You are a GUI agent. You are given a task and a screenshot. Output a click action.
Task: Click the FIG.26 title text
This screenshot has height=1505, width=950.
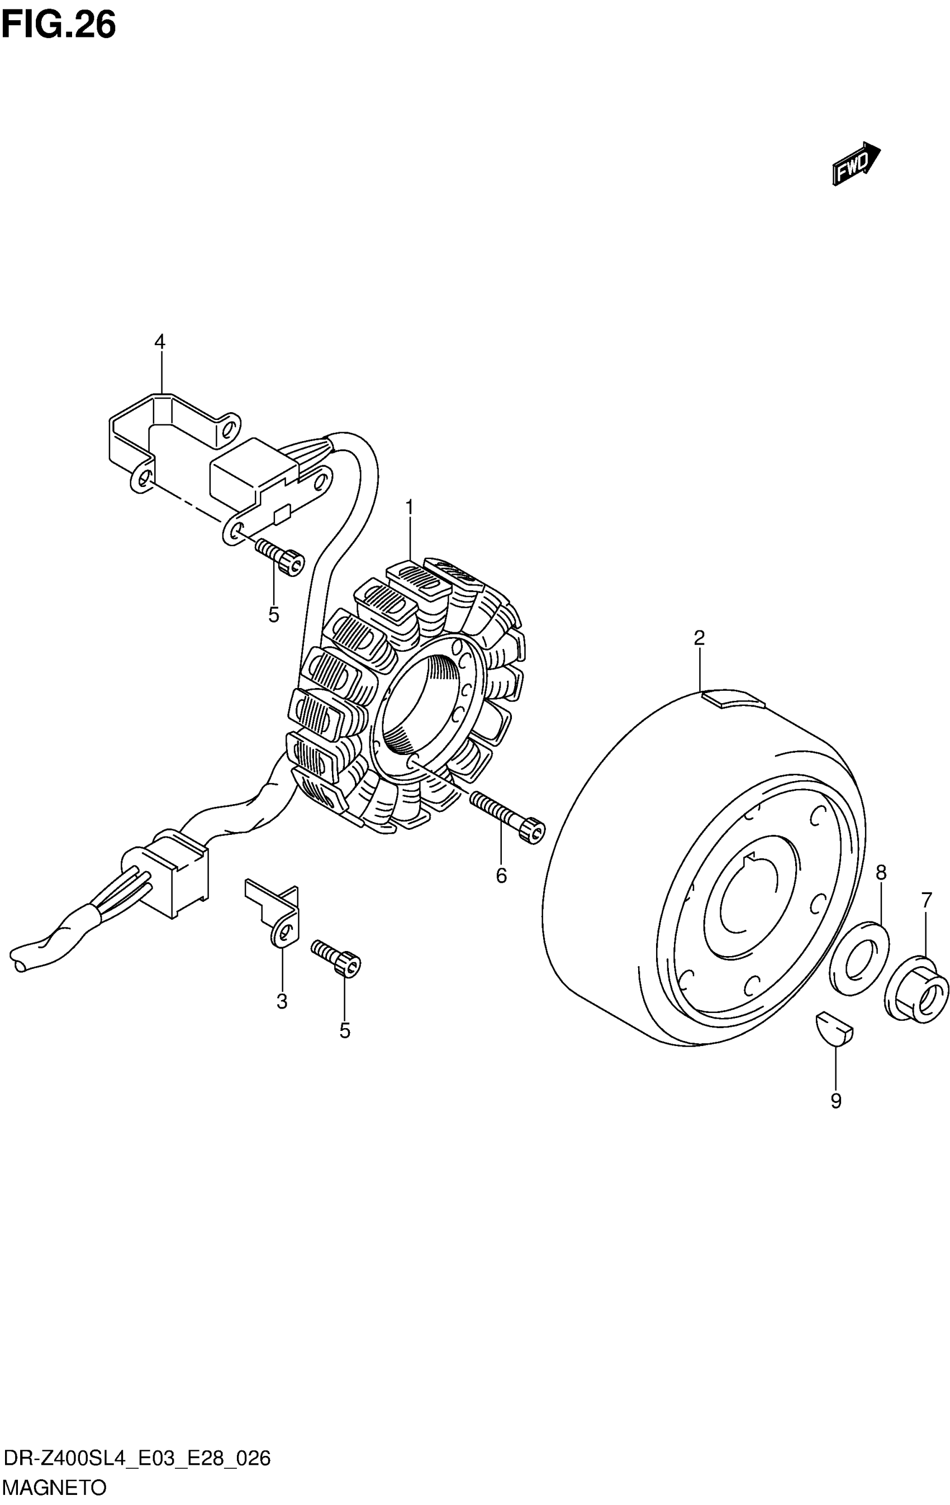[59, 26]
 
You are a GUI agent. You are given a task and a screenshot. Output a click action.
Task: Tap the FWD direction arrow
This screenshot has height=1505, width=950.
[856, 163]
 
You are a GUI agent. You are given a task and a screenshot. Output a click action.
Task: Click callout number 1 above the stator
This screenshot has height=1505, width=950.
[409, 508]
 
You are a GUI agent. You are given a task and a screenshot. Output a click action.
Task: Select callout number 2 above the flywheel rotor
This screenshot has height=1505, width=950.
[699, 638]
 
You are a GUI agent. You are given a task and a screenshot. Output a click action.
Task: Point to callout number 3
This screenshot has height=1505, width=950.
[282, 1001]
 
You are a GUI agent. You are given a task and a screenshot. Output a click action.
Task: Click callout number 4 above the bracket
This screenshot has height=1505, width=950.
[160, 342]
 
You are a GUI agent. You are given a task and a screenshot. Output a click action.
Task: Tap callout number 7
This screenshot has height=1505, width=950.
[926, 900]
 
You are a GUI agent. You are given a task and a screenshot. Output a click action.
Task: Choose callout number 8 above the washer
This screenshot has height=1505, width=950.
[881, 872]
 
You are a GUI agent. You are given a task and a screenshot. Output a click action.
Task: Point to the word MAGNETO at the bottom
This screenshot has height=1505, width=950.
[55, 1488]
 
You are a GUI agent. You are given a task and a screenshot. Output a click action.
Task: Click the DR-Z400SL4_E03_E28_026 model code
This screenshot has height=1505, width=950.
[137, 1458]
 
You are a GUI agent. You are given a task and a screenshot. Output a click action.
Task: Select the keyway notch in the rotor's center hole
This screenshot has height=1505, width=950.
[753, 858]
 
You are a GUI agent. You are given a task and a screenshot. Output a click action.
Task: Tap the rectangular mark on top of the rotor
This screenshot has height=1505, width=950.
[733, 698]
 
